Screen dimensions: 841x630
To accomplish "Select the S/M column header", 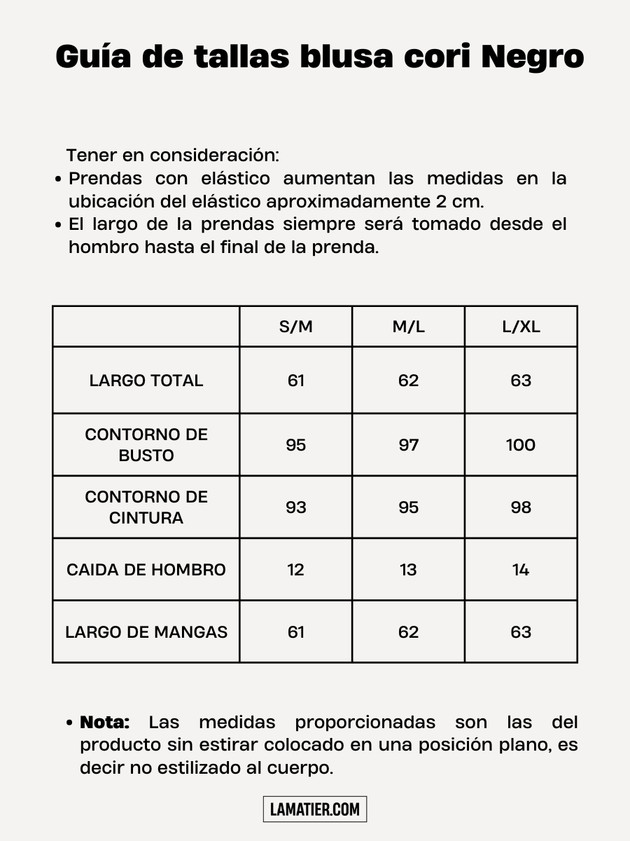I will (296, 327).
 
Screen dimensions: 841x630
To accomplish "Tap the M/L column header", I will (408, 327).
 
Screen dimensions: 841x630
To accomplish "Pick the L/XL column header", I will (521, 327).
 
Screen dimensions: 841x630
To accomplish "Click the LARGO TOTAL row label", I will (146, 381).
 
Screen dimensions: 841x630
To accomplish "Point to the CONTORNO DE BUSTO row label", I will (146, 444).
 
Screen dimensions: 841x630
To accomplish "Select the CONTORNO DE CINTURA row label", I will (146, 507).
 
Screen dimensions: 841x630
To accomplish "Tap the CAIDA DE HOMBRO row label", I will (146, 569).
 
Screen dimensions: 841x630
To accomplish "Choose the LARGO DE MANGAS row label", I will (146, 631).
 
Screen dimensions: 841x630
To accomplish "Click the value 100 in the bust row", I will (521, 444).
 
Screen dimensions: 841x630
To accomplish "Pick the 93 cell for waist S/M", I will (296, 507).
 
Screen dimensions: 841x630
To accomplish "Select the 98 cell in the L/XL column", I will (521, 507).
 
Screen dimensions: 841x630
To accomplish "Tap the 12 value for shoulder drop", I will (296, 569).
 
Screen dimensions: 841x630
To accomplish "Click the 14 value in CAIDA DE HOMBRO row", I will (521, 569).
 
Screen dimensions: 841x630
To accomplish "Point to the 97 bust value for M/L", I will (408, 444).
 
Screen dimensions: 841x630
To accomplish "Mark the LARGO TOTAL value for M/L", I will (408, 381).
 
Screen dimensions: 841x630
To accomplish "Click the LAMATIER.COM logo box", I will (315, 809).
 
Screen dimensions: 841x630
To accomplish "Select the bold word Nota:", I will (105, 722).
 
